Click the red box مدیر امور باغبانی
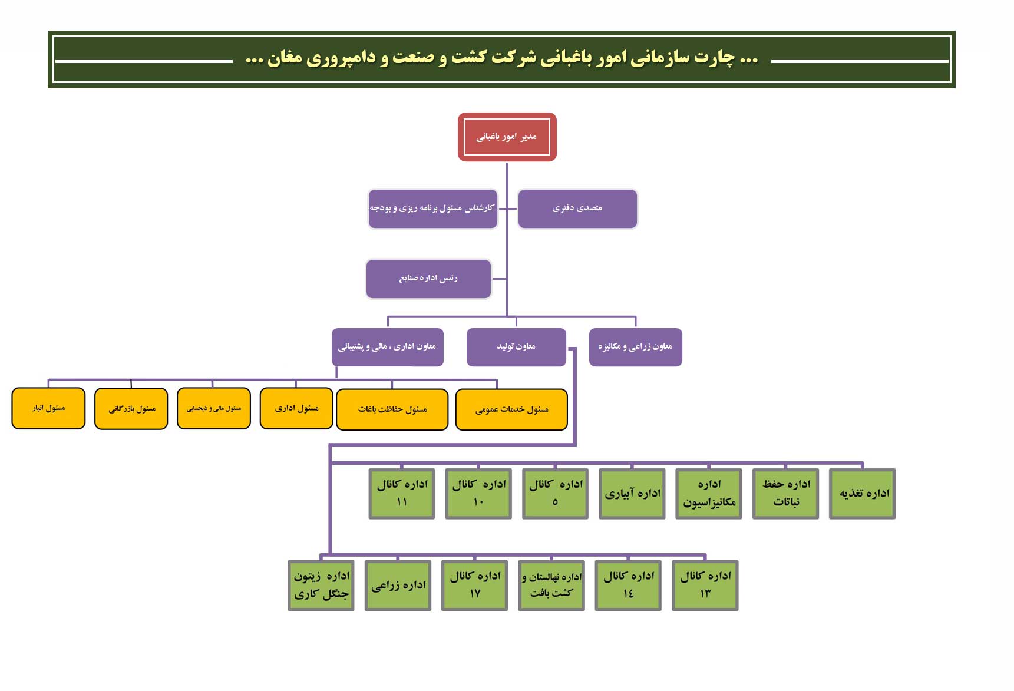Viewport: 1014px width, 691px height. coord(507,137)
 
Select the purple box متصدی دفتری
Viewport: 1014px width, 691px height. coord(577,209)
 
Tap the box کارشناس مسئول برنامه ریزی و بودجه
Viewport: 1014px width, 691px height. coord(433,209)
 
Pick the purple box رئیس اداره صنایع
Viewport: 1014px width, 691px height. coord(428,279)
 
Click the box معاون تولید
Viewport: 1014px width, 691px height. coord(516,347)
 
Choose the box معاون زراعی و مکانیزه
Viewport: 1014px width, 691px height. coord(636,347)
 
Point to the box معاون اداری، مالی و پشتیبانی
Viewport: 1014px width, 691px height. coord(388,347)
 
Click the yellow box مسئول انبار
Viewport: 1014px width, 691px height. coord(48,408)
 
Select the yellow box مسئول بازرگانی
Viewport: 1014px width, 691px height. coord(131,409)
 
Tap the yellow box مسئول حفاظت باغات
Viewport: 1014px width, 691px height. coord(392,409)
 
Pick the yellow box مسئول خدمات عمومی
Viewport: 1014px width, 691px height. coord(511,409)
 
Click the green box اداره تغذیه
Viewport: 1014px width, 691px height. coord(863,494)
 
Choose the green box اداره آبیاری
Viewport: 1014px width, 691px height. coord(632,494)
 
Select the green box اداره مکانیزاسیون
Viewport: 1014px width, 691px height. coord(709,494)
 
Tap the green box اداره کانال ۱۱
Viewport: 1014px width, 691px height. coord(402,494)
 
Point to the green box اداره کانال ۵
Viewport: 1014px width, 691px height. coord(555,494)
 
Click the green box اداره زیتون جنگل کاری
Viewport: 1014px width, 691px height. coord(321,586)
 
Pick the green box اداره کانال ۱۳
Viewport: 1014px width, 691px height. coord(705,586)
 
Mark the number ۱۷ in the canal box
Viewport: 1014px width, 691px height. coord(475,594)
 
